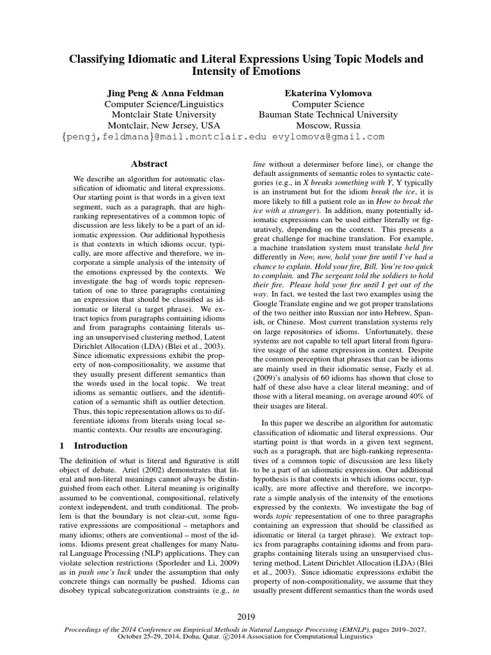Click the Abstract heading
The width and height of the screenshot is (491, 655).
pyautogui.click(x=148, y=164)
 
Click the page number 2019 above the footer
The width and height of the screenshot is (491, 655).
pyautogui.click(x=245, y=617)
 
